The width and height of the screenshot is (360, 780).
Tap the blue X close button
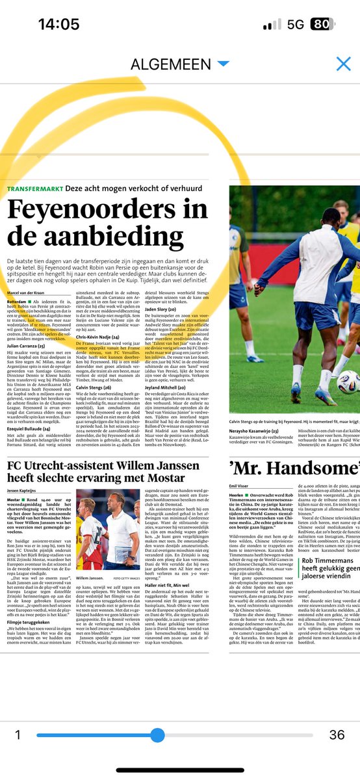343,64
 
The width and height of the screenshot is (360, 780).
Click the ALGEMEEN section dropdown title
172,64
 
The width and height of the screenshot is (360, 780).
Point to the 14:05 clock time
58,24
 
